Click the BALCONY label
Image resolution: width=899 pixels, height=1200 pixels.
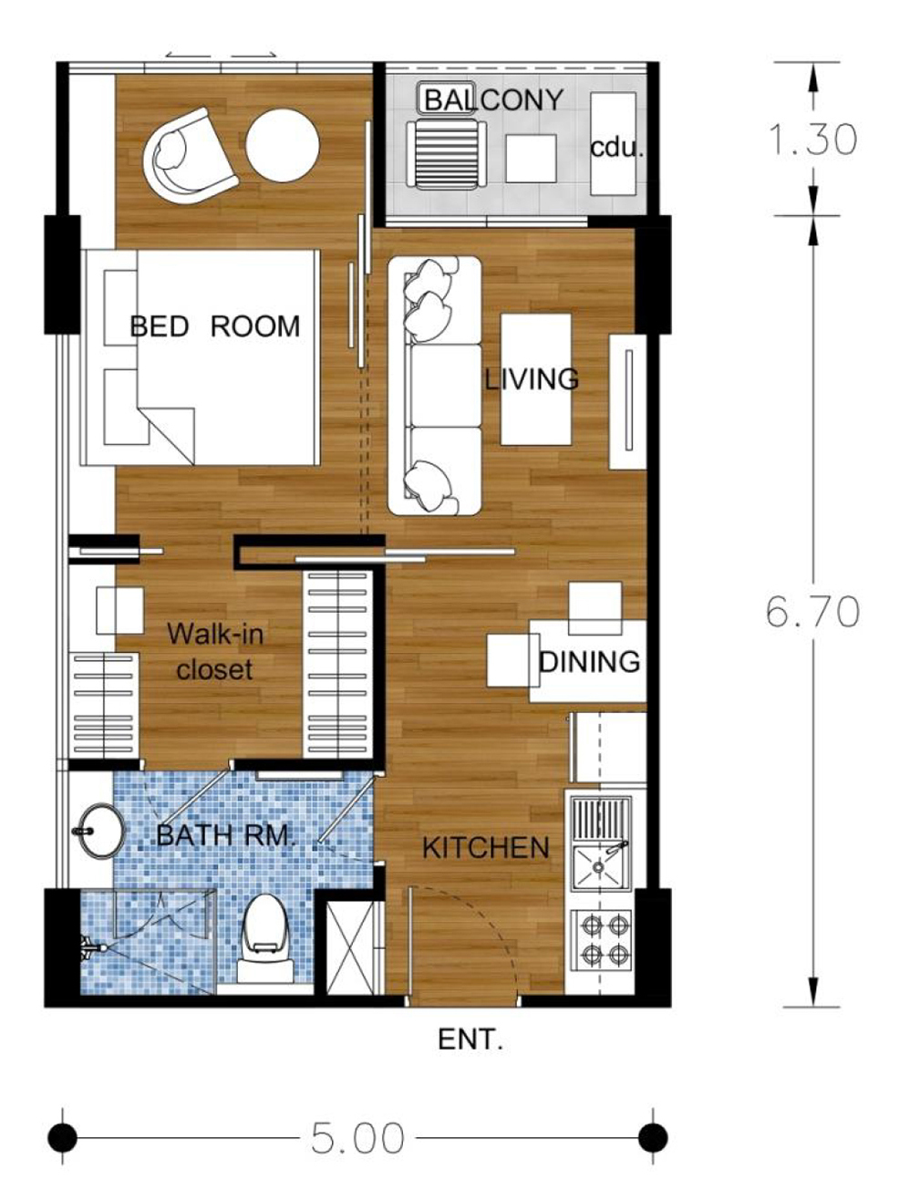[493, 100]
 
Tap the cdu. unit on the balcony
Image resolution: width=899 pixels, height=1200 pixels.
[614, 143]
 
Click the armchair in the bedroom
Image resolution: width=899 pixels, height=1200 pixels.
[189, 156]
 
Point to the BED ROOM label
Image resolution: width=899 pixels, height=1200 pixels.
[215, 326]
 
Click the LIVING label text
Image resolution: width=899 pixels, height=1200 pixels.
[532, 378]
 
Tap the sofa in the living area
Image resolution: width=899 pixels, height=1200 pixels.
[435, 386]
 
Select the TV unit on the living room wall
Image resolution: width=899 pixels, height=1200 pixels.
[628, 402]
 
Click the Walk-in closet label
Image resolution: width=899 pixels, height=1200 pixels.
[215, 652]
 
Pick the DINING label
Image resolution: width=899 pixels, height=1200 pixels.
[589, 661]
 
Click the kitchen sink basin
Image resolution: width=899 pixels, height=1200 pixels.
[599, 867]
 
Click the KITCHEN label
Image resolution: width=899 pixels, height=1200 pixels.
[486, 848]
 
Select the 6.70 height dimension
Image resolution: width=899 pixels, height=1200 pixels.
[812, 611]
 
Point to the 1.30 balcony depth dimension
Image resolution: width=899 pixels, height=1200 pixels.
[812, 139]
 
